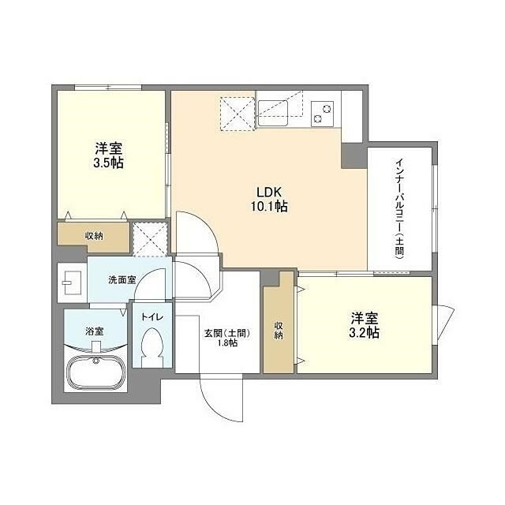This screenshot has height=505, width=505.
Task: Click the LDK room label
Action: click(x=269, y=192)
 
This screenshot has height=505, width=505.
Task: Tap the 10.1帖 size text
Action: click(x=269, y=206)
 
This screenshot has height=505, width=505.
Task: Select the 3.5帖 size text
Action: click(x=108, y=163)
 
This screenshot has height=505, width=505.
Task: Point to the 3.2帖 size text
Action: click(x=364, y=333)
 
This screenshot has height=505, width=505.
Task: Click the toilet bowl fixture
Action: click(x=152, y=347)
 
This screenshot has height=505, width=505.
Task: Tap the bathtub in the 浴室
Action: click(x=95, y=372)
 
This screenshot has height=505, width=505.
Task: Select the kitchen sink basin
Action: click(x=273, y=113)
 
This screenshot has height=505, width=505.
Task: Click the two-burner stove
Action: click(x=322, y=114)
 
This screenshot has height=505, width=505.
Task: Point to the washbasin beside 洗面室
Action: click(x=72, y=282)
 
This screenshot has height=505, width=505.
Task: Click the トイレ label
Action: click(x=152, y=317)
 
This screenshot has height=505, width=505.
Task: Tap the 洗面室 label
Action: click(x=122, y=280)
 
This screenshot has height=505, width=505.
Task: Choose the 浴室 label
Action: click(x=95, y=331)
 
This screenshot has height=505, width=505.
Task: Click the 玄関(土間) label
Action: click(x=227, y=334)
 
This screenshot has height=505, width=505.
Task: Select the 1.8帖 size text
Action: click(x=227, y=343)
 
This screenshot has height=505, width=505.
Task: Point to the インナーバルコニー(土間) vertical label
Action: click(x=400, y=208)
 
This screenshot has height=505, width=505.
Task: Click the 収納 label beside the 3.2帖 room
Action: click(x=279, y=330)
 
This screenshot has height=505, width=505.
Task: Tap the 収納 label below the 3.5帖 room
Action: click(x=94, y=236)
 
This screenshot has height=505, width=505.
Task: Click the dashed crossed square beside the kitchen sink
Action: click(x=238, y=114)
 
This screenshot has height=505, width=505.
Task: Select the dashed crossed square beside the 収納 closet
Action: click(x=151, y=239)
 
